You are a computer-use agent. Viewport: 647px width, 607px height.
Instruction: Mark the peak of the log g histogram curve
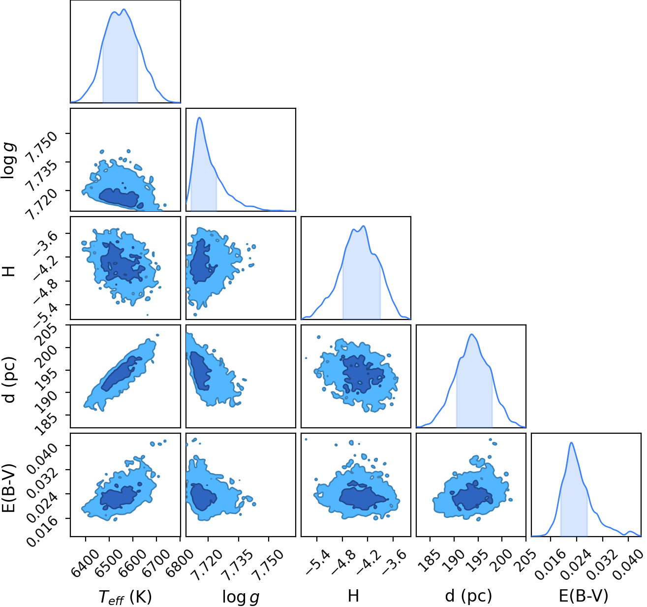pyautogui.click(x=200, y=118)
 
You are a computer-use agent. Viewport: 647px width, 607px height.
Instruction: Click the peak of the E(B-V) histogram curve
pyautogui.click(x=571, y=443)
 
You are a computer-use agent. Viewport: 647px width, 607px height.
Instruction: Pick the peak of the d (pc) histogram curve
pyautogui.click(x=471, y=334)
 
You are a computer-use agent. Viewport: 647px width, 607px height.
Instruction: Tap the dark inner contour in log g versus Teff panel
pyautogui.click(x=119, y=197)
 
